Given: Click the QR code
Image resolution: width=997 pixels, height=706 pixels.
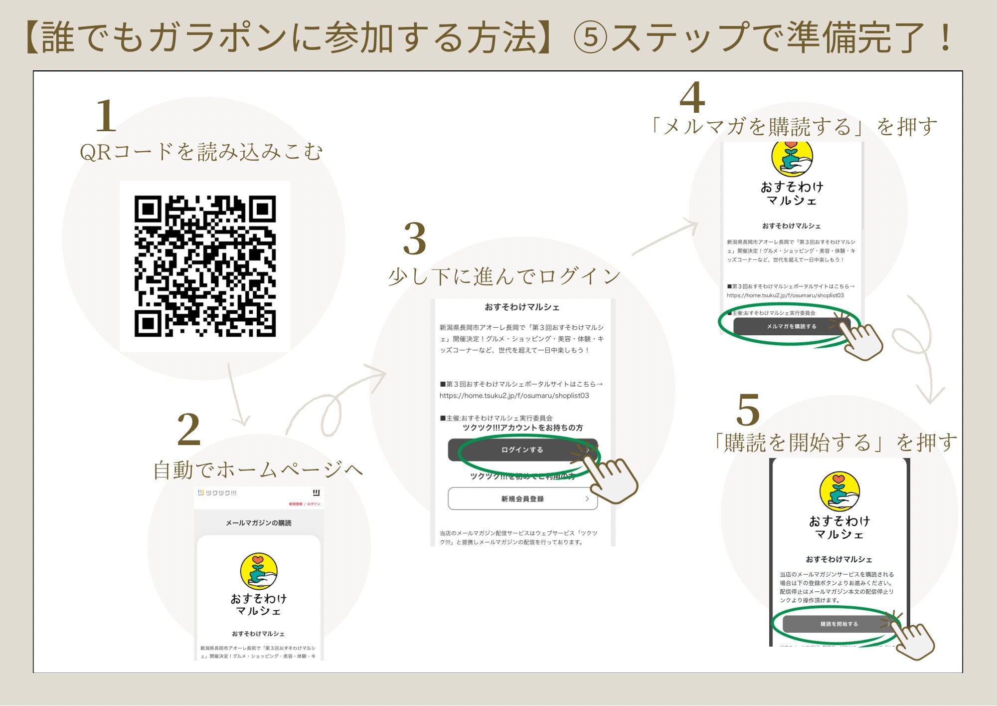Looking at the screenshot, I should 205,266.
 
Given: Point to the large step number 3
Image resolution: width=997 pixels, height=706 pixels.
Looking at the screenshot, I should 415,238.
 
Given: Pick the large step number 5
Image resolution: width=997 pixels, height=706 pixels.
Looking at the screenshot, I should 748,410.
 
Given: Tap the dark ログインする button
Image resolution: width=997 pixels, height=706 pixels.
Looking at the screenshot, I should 522,450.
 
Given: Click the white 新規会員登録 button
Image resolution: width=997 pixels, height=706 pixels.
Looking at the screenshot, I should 522,498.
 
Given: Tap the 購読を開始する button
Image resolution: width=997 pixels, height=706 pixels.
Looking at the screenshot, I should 839,624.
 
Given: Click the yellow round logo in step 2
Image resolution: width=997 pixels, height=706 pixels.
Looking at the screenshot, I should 258,571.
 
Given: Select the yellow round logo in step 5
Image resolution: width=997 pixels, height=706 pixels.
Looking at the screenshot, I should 839,491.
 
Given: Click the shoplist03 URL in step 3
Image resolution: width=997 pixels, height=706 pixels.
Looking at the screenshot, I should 514,396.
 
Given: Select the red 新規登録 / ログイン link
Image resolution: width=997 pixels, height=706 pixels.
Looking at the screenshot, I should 305,504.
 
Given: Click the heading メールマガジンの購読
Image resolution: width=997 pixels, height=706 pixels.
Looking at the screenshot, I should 258,523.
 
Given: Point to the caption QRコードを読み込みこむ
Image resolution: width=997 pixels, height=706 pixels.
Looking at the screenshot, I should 201,152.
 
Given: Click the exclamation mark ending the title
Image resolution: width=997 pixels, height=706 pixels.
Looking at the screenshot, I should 944,38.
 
